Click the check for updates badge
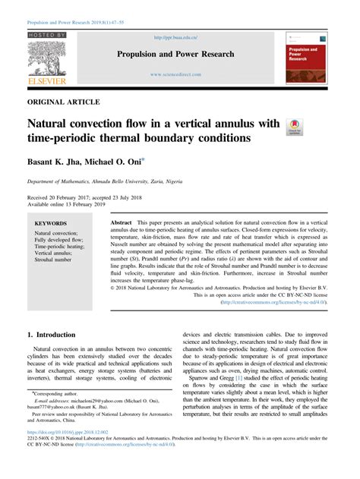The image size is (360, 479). coord(293,126)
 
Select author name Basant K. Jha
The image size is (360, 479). coord(55,162)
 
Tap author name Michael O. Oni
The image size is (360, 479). coord(120,162)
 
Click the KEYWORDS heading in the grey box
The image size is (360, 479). coord(50,223)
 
